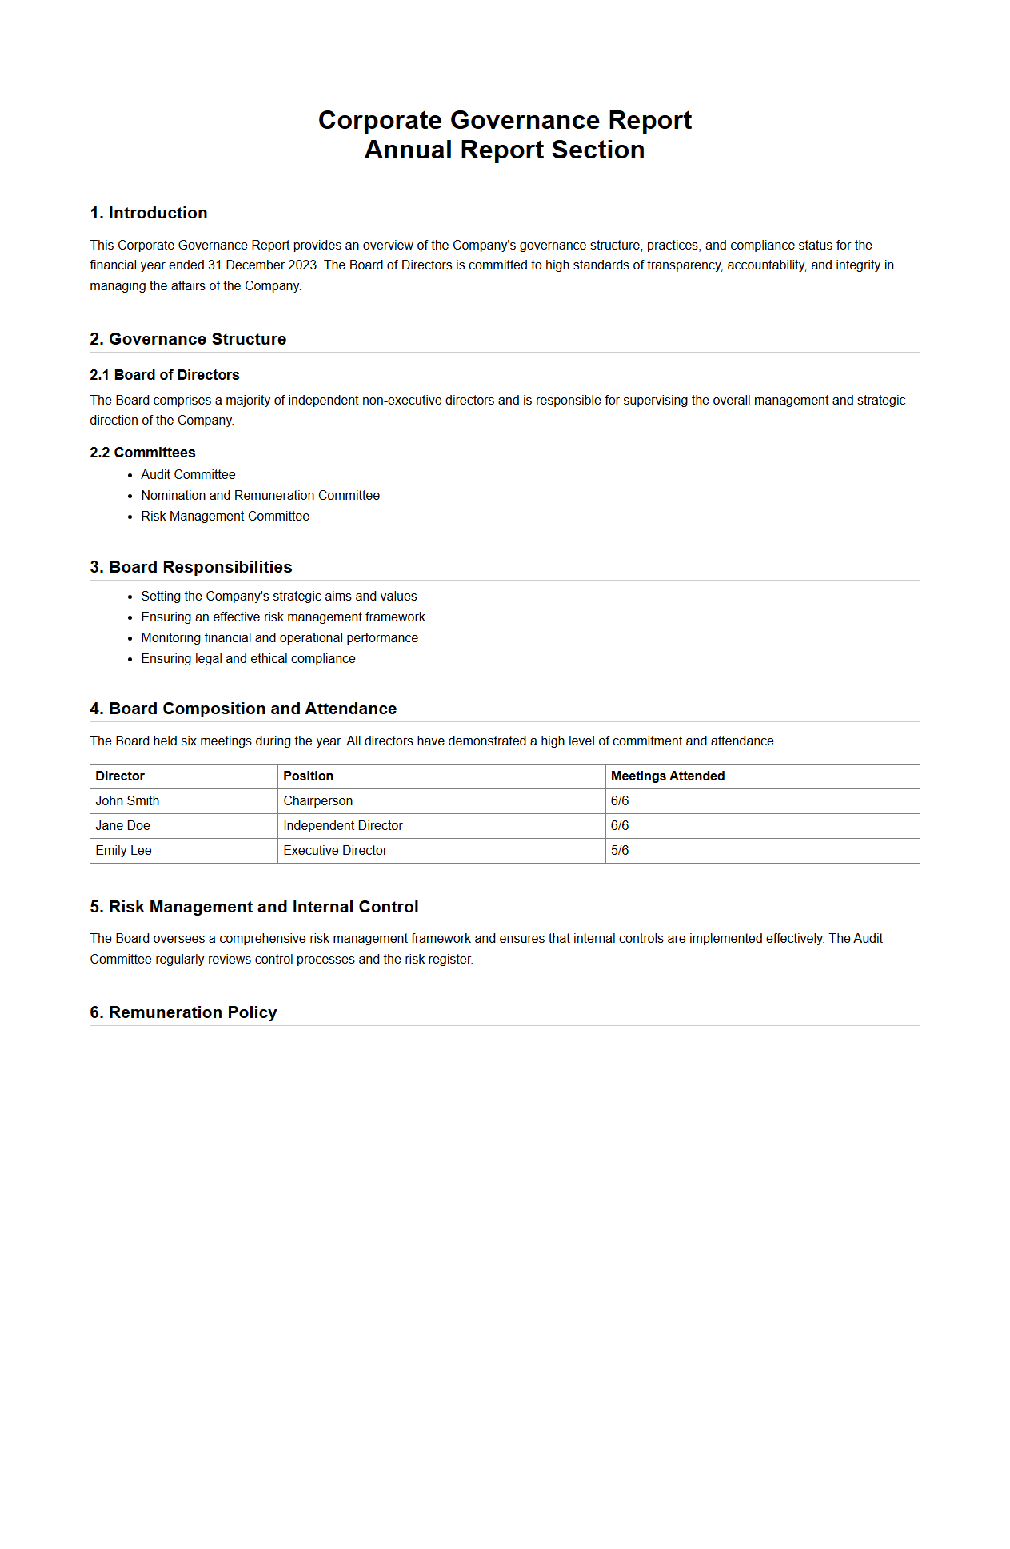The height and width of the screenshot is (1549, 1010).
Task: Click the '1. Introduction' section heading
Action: click(x=149, y=213)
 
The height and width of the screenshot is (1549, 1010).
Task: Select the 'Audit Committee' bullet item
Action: click(x=188, y=475)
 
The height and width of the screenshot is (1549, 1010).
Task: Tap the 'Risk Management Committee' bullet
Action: click(x=225, y=517)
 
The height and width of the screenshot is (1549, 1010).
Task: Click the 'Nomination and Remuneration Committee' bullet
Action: click(x=260, y=496)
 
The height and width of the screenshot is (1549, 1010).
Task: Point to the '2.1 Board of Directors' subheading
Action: click(x=165, y=375)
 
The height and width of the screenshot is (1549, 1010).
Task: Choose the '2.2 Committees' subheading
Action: click(x=142, y=453)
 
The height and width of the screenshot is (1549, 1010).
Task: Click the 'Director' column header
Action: click(x=120, y=776)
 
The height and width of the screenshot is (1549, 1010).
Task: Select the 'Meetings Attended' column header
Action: click(x=668, y=776)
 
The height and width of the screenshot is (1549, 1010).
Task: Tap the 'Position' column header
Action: click(x=308, y=776)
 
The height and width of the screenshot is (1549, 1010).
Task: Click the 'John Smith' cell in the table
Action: click(x=127, y=801)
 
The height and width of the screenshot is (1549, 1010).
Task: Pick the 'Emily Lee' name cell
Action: click(x=123, y=851)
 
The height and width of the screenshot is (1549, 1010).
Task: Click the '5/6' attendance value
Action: click(x=620, y=851)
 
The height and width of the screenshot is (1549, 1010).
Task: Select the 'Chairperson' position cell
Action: click(x=317, y=801)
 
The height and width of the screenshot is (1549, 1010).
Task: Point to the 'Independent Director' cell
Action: click(x=342, y=826)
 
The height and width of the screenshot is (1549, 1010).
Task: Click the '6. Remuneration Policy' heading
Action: click(x=183, y=1012)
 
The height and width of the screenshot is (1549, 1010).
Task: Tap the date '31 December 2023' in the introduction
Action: click(x=262, y=265)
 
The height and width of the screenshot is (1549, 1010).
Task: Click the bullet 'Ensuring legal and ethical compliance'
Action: click(x=248, y=659)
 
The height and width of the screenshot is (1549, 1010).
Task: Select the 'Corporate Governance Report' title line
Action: click(x=505, y=120)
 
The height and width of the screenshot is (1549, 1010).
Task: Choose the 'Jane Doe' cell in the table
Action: click(x=122, y=826)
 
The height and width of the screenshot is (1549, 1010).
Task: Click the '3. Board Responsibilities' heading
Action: click(x=191, y=567)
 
